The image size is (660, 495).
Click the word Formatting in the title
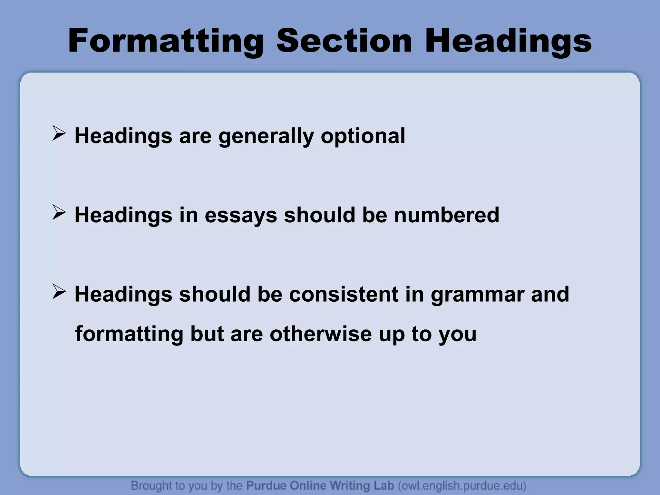(x=166, y=41)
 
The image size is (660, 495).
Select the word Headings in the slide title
(x=508, y=41)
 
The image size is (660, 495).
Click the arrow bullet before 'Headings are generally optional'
(x=59, y=134)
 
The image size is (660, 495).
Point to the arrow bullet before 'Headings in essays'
(x=59, y=213)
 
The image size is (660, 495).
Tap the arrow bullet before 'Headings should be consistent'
(x=59, y=292)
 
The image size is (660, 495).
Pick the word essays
(x=241, y=215)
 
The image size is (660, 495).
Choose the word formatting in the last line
(x=129, y=334)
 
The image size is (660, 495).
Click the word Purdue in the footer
(x=266, y=485)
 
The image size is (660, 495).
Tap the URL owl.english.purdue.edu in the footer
(x=462, y=486)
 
